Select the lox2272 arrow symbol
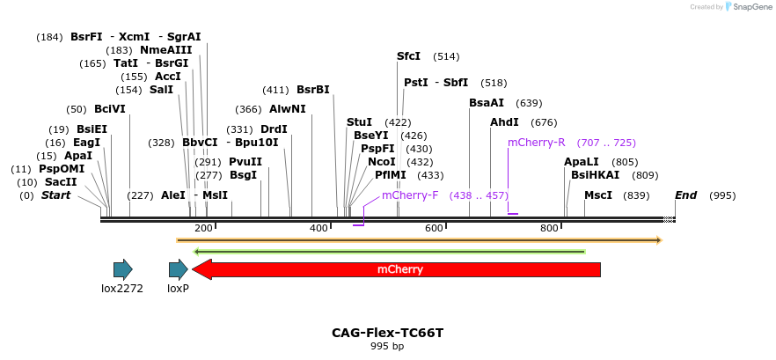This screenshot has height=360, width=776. click(122, 269)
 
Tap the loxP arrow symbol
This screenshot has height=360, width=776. click(178, 269)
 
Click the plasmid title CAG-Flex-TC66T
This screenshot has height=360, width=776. click(387, 333)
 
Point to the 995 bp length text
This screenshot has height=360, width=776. click(387, 346)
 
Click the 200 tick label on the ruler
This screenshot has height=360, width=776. click(203, 228)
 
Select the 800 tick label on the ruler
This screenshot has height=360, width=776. click(549, 228)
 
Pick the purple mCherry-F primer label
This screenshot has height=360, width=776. click(410, 195)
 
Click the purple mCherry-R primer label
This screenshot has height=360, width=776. click(536, 142)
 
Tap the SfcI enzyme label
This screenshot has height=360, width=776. click(408, 56)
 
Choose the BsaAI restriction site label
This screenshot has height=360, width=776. click(487, 103)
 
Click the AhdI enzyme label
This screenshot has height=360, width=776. click(504, 122)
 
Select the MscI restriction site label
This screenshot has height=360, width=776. click(598, 195)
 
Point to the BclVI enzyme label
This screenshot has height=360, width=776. click(110, 109)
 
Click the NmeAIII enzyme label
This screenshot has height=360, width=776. click(165, 50)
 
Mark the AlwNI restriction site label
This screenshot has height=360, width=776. click(288, 109)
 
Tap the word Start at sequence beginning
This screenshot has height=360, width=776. click(55, 195)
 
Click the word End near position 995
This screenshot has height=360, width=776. click(685, 195)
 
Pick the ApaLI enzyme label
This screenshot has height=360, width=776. click(581, 162)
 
